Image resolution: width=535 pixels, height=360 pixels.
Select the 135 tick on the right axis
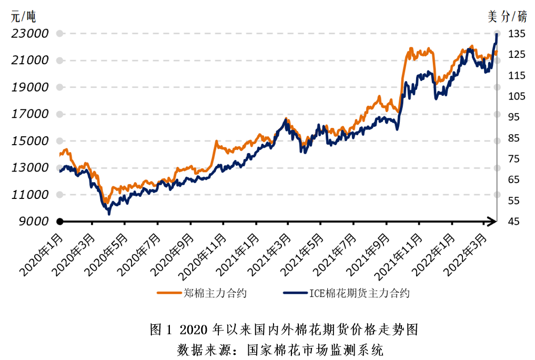click(x=517, y=34)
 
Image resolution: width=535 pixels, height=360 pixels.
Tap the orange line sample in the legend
click(x=169, y=293)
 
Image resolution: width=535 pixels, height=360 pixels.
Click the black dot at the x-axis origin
click(x=60, y=222)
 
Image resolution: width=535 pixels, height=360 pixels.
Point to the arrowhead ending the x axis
click(x=492, y=222)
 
